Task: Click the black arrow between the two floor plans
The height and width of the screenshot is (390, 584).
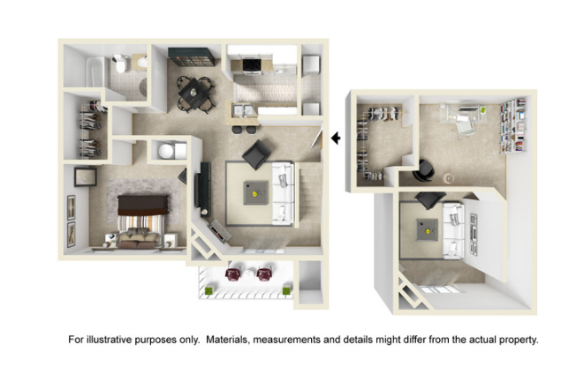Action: point(335,138)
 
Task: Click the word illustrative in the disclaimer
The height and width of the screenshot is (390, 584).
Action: point(117,340)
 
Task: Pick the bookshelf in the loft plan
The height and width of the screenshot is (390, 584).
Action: point(515,124)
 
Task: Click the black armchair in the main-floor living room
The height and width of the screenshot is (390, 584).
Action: point(256,154)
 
